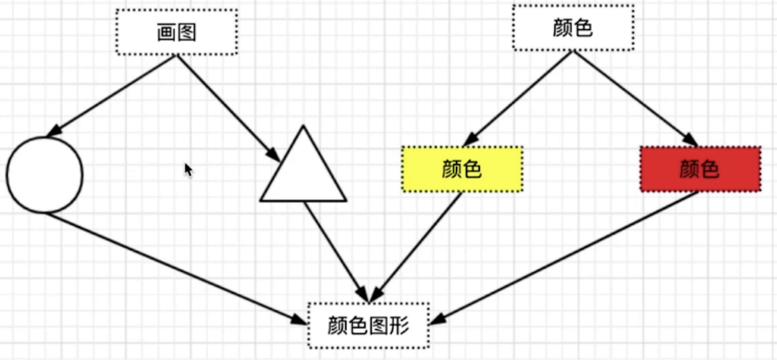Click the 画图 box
[x=177, y=33]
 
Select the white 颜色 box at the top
[x=572, y=27]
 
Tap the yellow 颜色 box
[x=461, y=168]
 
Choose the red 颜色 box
[x=700, y=168]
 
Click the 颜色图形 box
[x=368, y=325]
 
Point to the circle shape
[x=44, y=175]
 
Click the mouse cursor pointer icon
[x=188, y=168]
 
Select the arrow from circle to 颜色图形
[x=173, y=267]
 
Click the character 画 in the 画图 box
[x=167, y=33]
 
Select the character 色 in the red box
[x=710, y=168]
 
